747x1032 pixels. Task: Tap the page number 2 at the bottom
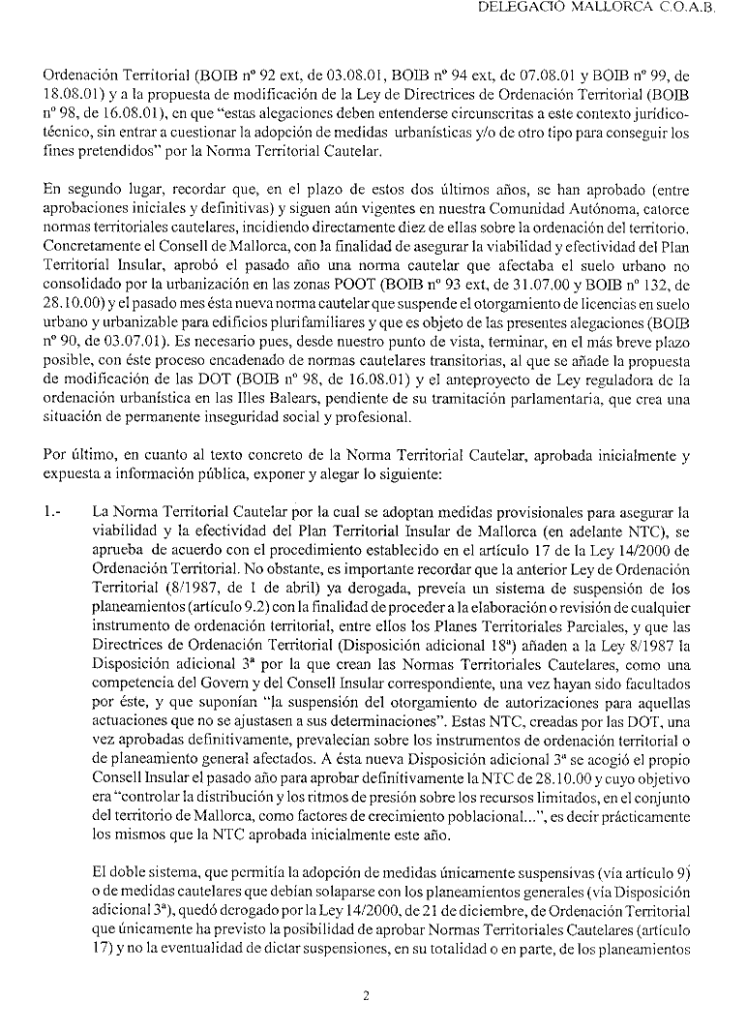367,994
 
